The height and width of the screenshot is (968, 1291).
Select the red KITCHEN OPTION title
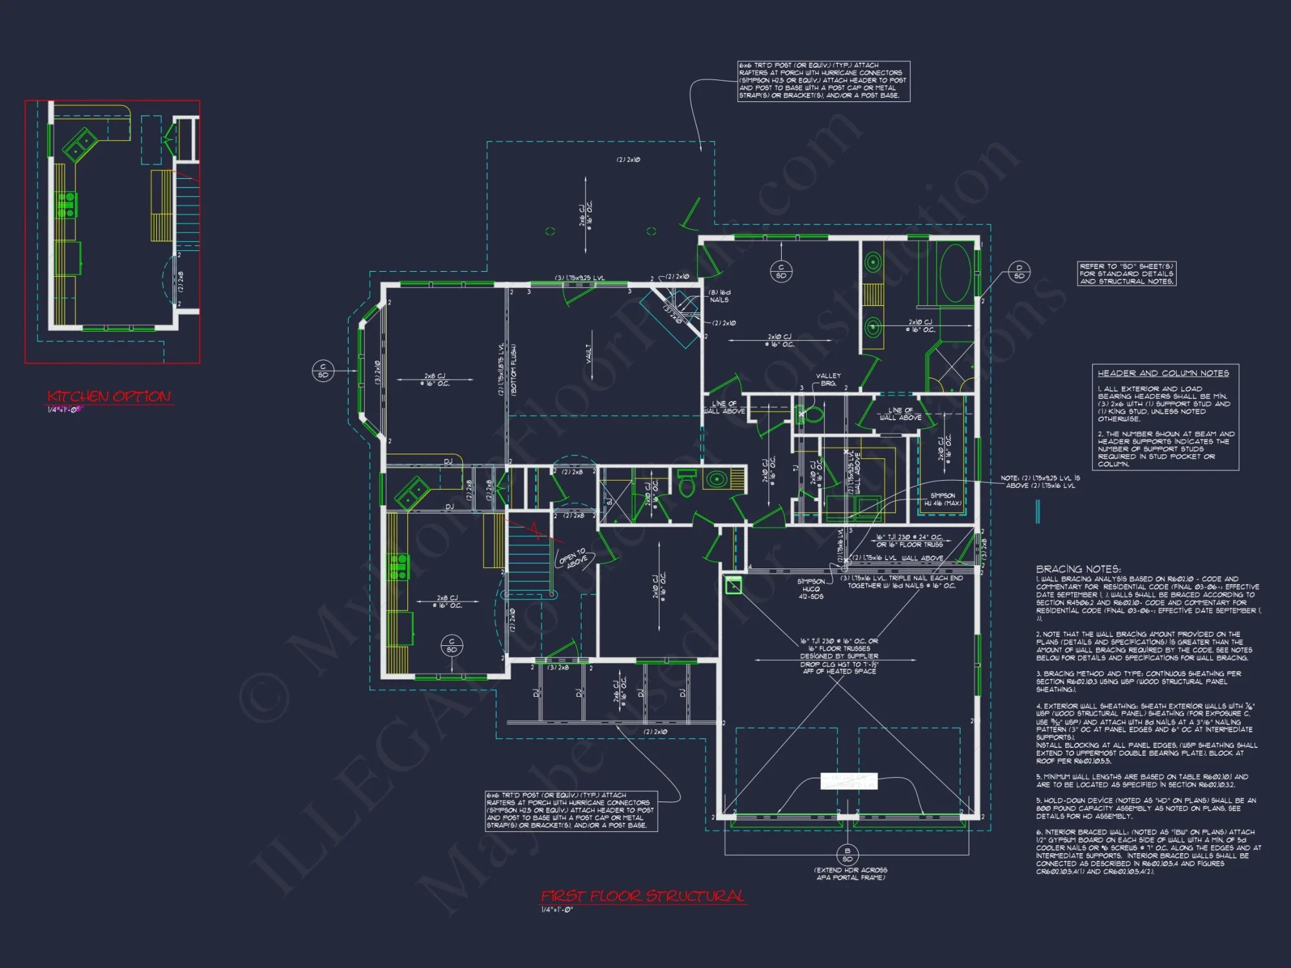(x=109, y=396)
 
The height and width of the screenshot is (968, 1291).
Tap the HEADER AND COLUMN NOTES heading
(x=1163, y=373)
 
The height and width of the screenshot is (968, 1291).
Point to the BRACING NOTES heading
(x=1078, y=569)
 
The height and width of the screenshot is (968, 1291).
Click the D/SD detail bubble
(x=1019, y=272)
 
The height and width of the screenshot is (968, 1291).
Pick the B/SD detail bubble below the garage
(x=848, y=854)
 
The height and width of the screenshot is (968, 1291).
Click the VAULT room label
(x=589, y=353)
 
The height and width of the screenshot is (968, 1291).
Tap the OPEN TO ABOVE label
(x=573, y=559)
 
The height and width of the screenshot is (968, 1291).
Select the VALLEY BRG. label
(x=828, y=379)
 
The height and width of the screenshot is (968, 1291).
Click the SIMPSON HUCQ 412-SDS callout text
(x=811, y=589)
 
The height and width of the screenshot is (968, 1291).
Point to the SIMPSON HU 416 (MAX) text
(x=942, y=499)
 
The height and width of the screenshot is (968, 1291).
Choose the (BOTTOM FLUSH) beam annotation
(x=514, y=369)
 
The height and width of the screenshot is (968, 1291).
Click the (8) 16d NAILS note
(x=719, y=296)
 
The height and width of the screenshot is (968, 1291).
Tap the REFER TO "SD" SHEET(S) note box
(x=1126, y=274)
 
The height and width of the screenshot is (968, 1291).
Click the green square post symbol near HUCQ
(x=733, y=585)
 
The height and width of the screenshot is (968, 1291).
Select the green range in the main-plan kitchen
(x=398, y=567)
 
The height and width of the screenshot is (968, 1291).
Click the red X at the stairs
(x=535, y=529)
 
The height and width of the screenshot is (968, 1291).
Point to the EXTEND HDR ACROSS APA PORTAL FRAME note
(x=851, y=874)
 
